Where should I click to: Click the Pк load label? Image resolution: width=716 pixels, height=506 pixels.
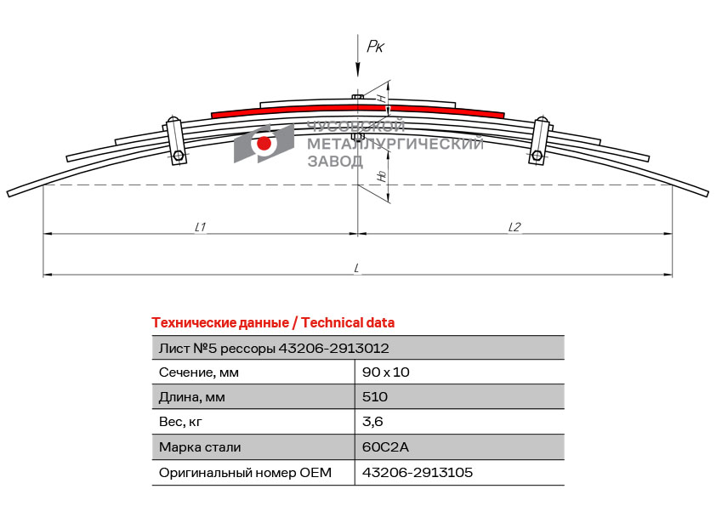(x=375, y=47)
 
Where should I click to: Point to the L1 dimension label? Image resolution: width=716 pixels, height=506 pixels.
(x=202, y=227)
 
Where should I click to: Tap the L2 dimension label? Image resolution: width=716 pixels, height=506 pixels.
(x=514, y=227)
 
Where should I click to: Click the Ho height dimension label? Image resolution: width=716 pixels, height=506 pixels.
(x=382, y=178)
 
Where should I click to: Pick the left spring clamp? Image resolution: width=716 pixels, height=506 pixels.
(x=176, y=139)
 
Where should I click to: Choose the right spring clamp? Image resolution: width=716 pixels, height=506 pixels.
(x=539, y=140)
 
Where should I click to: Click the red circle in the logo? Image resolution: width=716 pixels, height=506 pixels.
(x=264, y=144)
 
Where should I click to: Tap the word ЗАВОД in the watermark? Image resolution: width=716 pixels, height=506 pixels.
(x=334, y=162)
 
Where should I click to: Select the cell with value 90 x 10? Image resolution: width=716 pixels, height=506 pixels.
(x=386, y=372)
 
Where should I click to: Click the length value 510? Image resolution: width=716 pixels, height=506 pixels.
(x=375, y=397)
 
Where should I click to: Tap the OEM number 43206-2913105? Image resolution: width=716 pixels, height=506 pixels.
(x=418, y=472)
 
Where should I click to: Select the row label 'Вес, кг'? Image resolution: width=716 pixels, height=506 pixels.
(x=181, y=422)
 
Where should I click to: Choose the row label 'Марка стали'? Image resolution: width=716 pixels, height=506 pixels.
(x=200, y=447)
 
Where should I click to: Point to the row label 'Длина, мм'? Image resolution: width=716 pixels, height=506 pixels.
(x=192, y=397)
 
